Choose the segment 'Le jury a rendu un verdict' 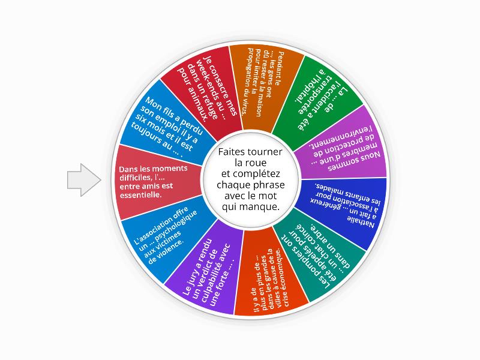pos(208,269)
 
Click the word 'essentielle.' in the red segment pos(140,194)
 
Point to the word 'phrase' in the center pos(269,185)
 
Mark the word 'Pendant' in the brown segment pos(280,67)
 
